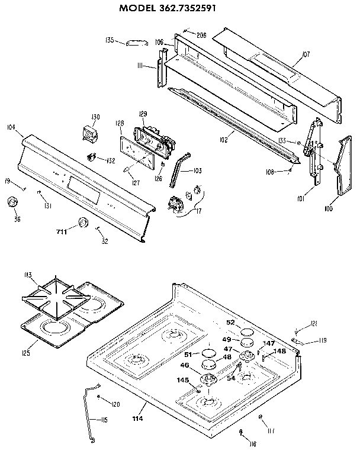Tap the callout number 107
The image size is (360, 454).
point(306,54)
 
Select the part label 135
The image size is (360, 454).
point(110,40)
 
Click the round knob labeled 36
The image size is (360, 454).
point(11,204)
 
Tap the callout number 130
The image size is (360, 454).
point(95,116)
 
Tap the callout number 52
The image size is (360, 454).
point(231,323)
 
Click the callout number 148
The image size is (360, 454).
point(279,352)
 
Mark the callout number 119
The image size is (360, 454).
point(323,340)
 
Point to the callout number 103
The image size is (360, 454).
point(197,170)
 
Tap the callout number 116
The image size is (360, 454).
point(252,443)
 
